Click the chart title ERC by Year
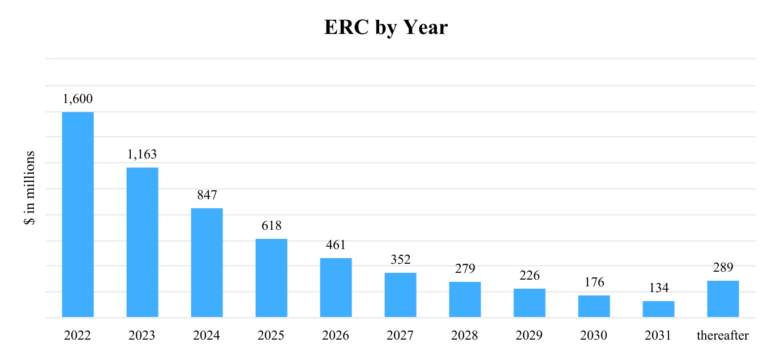(385, 27)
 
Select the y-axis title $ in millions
(30, 188)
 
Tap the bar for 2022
(78, 215)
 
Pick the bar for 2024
(207, 263)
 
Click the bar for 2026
(336, 288)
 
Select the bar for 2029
(529, 303)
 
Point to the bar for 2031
(658, 309)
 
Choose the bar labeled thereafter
(723, 299)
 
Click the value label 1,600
(78, 99)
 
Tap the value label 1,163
(142, 154)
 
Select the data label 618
(271, 225)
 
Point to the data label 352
(400, 260)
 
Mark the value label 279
(465, 268)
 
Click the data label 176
(594, 282)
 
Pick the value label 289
(723, 267)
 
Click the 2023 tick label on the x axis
(142, 336)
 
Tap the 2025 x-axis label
(271, 336)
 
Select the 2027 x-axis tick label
(400, 336)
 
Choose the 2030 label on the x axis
(594, 336)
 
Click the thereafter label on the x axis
(723, 336)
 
